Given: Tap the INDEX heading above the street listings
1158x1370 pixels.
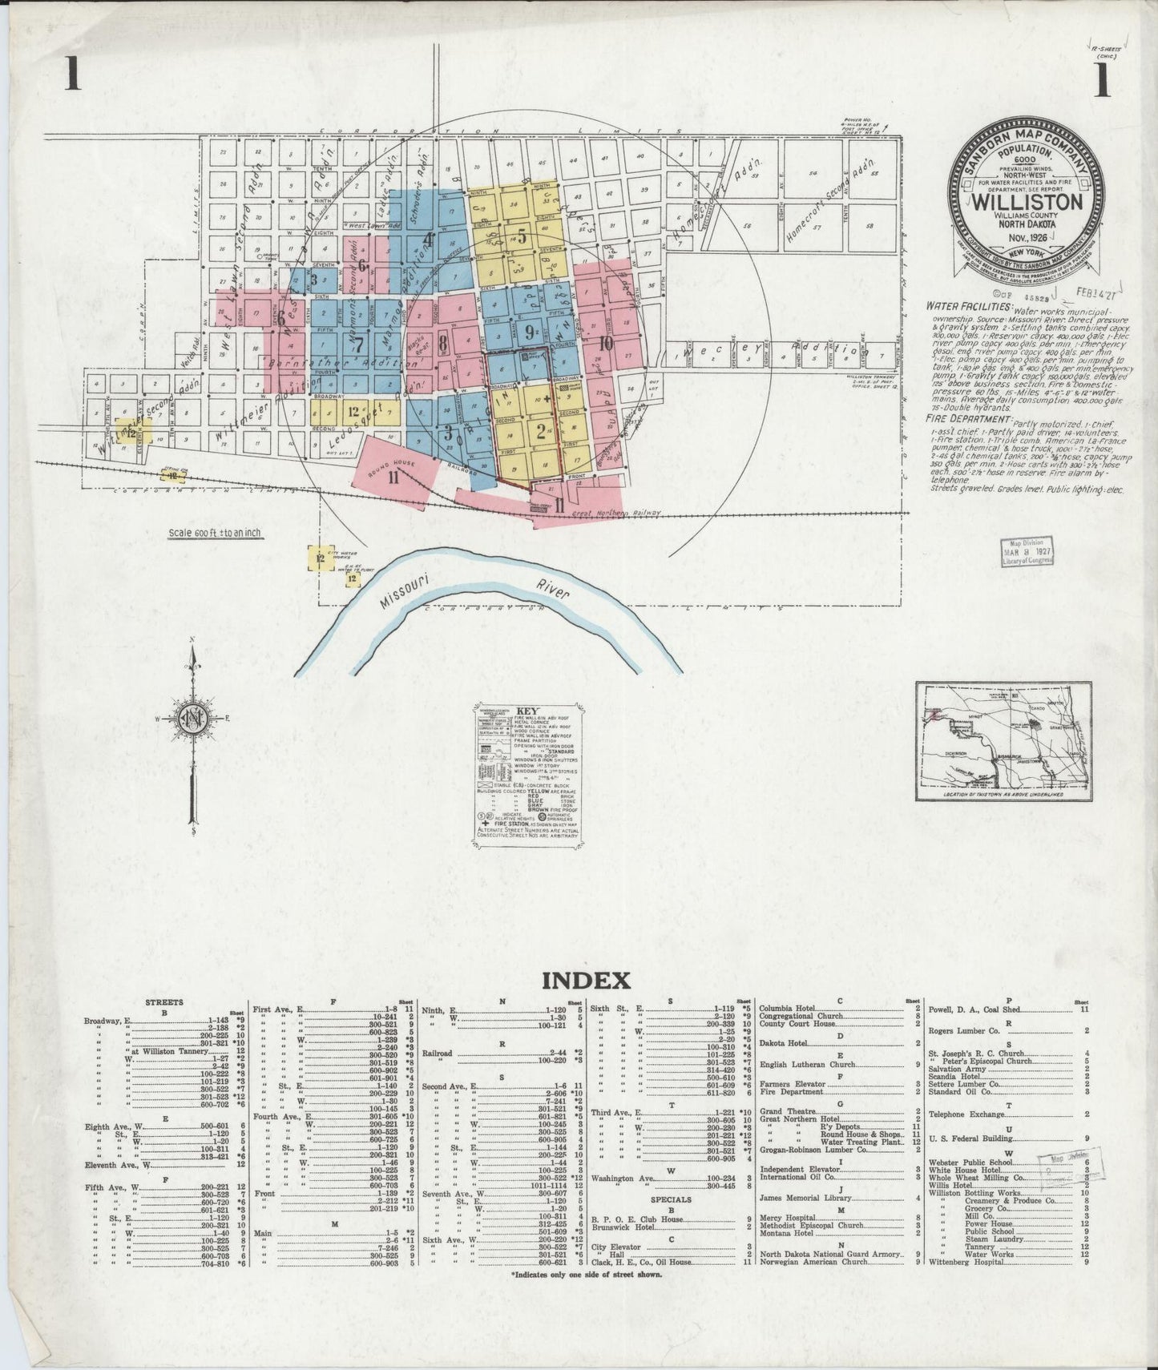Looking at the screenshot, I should (x=587, y=980).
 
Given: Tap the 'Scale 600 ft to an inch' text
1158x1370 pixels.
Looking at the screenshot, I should (x=214, y=533).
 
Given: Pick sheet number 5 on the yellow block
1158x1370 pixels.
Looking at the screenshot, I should (x=522, y=236).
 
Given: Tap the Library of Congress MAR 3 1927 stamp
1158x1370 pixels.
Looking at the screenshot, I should (x=1027, y=551).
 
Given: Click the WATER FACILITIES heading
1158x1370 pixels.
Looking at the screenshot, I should (x=968, y=306).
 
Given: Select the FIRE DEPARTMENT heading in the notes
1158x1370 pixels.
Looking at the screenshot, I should (x=968, y=418).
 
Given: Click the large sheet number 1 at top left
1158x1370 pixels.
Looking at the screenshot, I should (x=73, y=78).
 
